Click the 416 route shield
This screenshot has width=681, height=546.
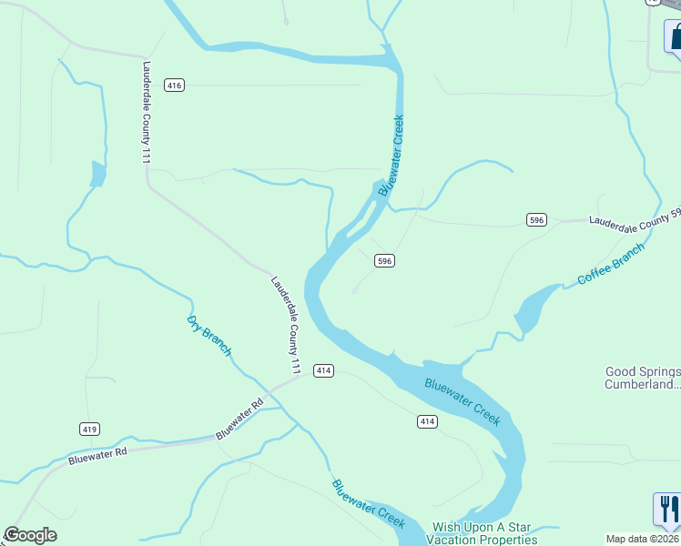(175, 86)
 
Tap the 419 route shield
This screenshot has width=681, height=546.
(89, 429)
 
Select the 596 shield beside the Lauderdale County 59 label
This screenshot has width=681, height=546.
(536, 219)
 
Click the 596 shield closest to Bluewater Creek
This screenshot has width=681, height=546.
(384, 260)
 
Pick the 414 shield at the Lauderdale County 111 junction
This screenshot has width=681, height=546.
(323, 370)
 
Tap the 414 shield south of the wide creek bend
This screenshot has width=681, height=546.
(428, 421)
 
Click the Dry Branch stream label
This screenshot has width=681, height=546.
(209, 336)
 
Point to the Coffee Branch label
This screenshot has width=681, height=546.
(611, 264)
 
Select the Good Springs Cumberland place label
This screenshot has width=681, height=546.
(643, 378)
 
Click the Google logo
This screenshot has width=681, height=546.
(30, 535)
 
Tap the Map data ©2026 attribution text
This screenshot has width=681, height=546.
(643, 539)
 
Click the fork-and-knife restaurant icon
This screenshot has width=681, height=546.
(666, 509)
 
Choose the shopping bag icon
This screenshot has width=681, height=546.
(676, 37)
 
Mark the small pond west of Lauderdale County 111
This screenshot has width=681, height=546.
(97, 173)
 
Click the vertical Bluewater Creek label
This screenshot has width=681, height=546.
(391, 156)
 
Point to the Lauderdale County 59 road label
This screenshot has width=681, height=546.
(635, 219)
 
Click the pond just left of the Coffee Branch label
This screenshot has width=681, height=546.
(531, 308)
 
